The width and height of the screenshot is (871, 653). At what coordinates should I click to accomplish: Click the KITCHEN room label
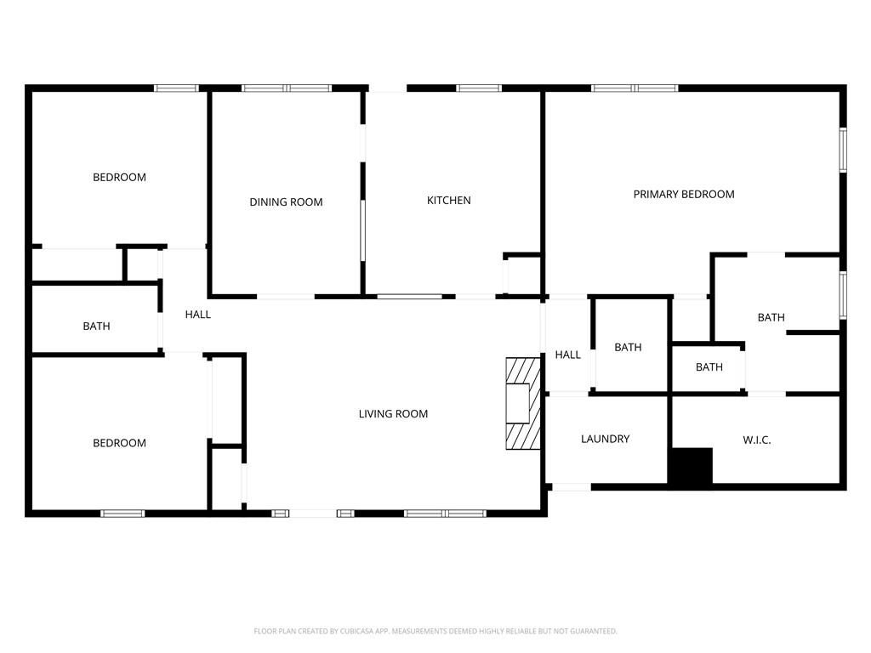click(449, 201)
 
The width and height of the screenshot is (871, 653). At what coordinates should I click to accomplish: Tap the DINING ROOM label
click(286, 202)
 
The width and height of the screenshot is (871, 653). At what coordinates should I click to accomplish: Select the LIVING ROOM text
click(393, 414)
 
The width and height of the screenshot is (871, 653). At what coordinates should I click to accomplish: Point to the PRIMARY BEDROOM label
click(684, 195)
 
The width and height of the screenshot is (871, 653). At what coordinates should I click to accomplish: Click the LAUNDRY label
click(606, 440)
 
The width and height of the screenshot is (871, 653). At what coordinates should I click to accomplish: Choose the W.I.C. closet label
click(756, 440)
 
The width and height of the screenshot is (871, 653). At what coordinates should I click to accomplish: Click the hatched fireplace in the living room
click(523, 403)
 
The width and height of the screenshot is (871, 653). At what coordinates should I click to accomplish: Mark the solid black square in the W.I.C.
click(691, 467)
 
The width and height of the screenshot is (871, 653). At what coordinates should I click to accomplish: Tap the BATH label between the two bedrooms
click(97, 326)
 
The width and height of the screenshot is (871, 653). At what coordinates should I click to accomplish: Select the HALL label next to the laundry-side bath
click(567, 355)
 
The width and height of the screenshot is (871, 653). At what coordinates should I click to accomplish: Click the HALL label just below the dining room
click(197, 315)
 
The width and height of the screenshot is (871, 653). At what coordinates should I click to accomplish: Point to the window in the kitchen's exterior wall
click(479, 88)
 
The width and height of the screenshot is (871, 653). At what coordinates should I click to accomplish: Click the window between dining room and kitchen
click(362, 230)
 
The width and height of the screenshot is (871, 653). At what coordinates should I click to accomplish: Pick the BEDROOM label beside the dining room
click(119, 178)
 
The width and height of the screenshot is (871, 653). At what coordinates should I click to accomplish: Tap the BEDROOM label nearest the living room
click(119, 443)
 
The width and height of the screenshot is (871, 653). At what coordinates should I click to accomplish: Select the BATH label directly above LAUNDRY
click(629, 348)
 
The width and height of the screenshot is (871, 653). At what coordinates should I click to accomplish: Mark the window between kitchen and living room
click(410, 297)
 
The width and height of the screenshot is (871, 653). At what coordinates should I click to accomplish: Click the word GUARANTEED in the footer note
click(595, 632)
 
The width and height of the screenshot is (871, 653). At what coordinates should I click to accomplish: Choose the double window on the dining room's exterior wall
click(287, 88)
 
